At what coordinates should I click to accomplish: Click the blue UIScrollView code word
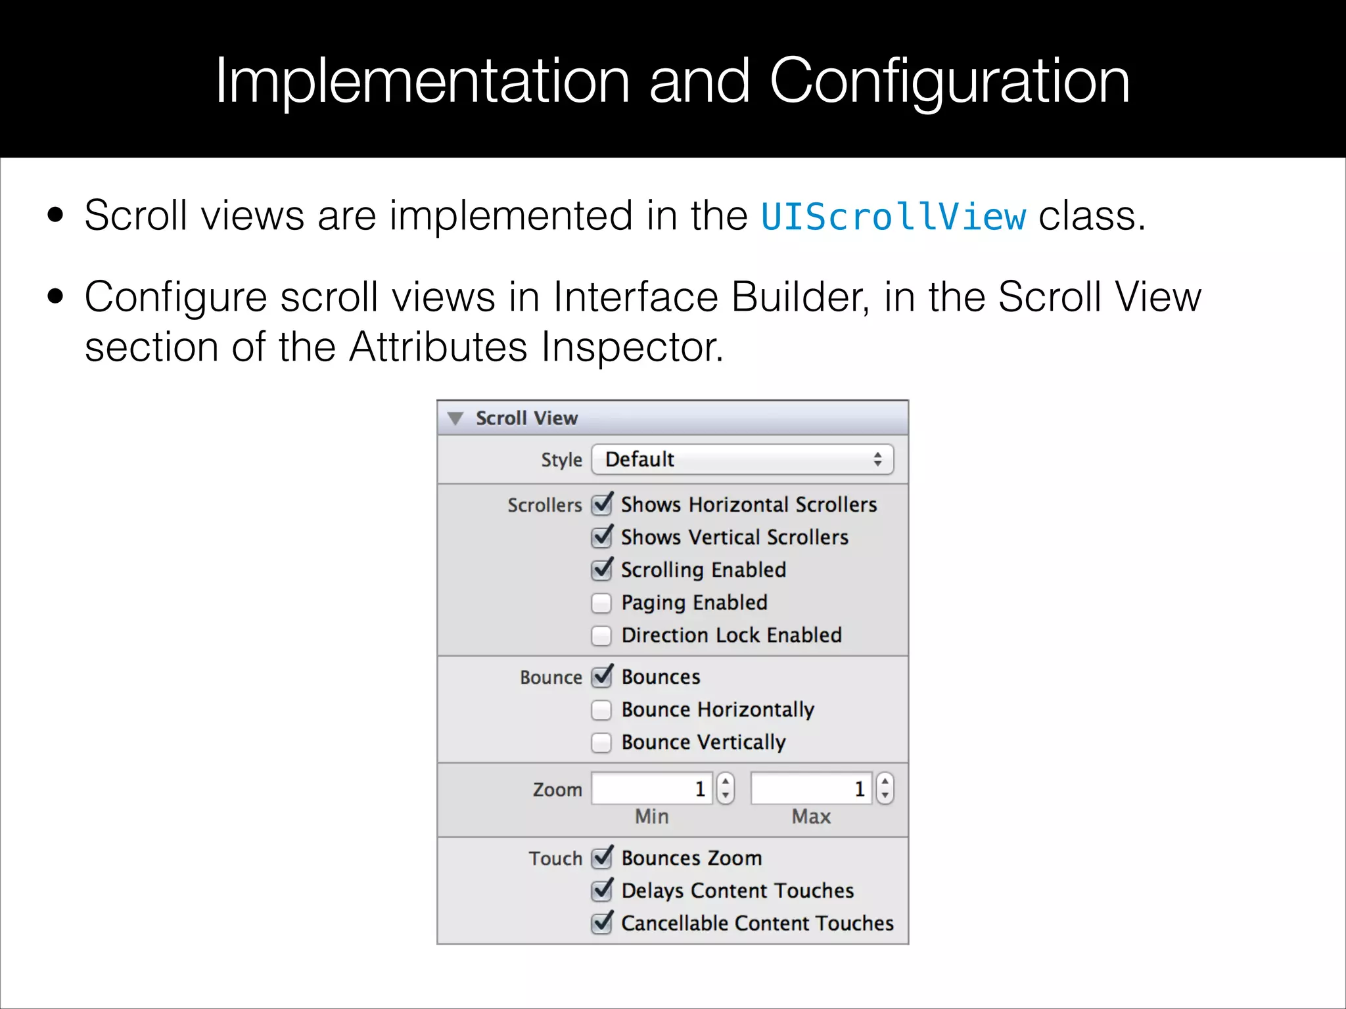(893, 217)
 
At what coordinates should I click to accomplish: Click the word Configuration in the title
(949, 81)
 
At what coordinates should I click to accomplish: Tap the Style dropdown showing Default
(742, 459)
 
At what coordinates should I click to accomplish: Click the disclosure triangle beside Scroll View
(455, 418)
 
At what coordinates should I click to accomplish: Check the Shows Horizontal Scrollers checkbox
(601, 504)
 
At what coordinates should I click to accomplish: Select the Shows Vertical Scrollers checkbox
(601, 537)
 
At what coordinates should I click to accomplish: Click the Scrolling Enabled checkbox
(601, 570)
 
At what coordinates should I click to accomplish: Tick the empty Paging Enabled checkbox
(601, 602)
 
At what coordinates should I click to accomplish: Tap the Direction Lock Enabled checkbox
(601, 635)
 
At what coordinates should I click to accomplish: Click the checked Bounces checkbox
(601, 677)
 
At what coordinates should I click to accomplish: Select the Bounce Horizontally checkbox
(601, 710)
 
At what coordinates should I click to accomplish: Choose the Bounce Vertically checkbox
(601, 742)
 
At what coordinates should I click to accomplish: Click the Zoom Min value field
(651, 788)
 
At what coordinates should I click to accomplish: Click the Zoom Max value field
(811, 788)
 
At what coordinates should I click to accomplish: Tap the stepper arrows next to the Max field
(885, 788)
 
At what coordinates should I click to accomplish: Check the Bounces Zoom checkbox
(601, 859)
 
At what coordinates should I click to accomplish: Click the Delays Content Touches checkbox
(601, 891)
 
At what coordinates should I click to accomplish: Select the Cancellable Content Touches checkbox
(601, 924)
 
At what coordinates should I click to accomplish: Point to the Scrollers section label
(544, 505)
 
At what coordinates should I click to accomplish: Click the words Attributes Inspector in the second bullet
(535, 347)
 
